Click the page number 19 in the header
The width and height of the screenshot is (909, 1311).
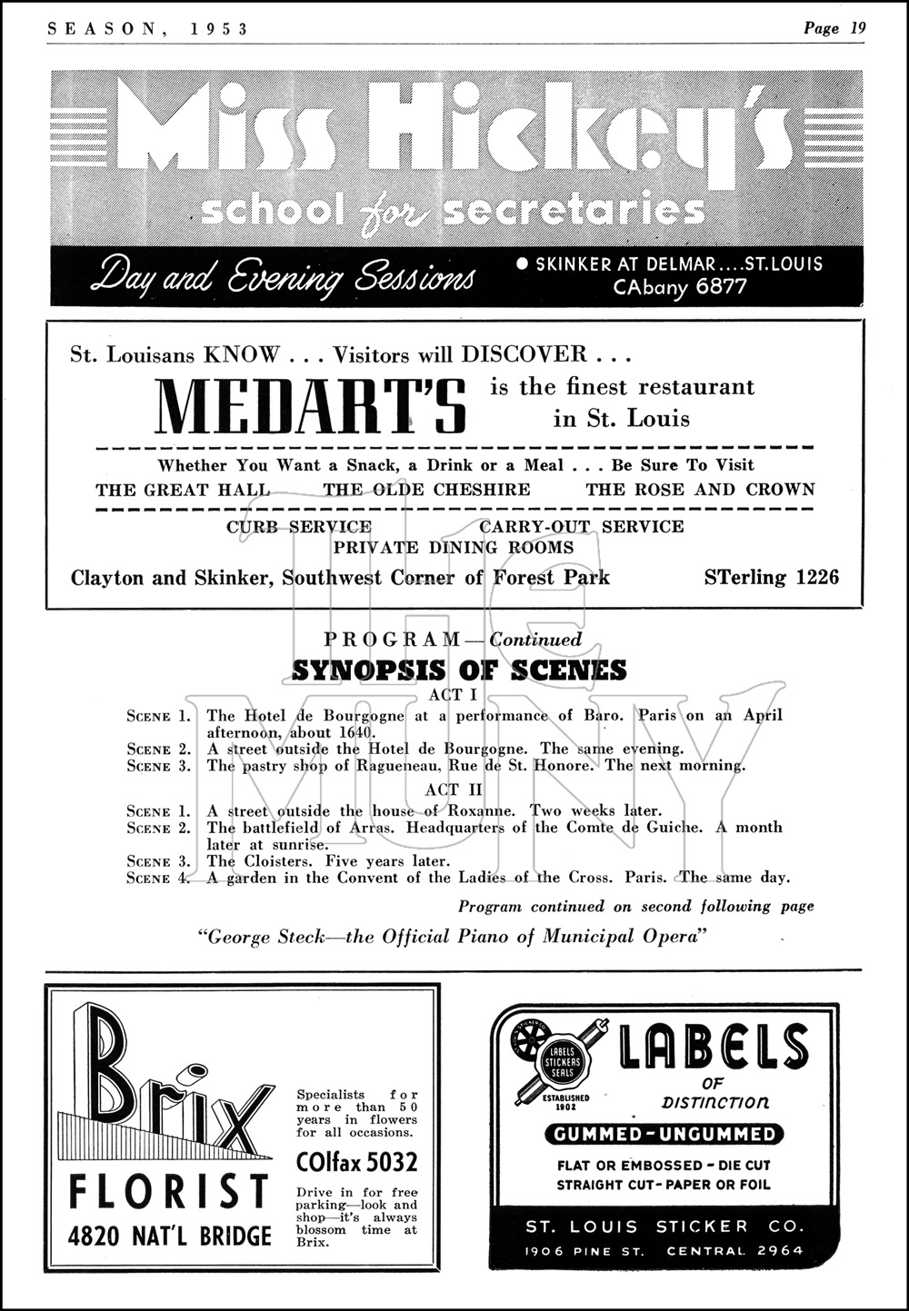click(x=857, y=28)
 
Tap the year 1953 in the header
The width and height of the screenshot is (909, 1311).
click(x=220, y=28)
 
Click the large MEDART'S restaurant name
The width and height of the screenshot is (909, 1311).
click(x=312, y=405)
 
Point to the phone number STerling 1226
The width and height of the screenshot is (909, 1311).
click(x=772, y=577)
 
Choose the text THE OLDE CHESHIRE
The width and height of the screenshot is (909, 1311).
click(x=426, y=490)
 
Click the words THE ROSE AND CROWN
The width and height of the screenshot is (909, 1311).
click(x=700, y=490)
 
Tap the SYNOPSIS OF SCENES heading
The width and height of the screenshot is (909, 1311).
click(x=459, y=670)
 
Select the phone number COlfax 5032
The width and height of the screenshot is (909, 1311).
click(x=357, y=1162)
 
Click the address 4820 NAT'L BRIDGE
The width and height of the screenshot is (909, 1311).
click(x=171, y=1237)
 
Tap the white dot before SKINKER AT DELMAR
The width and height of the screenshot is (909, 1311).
click(x=522, y=264)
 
